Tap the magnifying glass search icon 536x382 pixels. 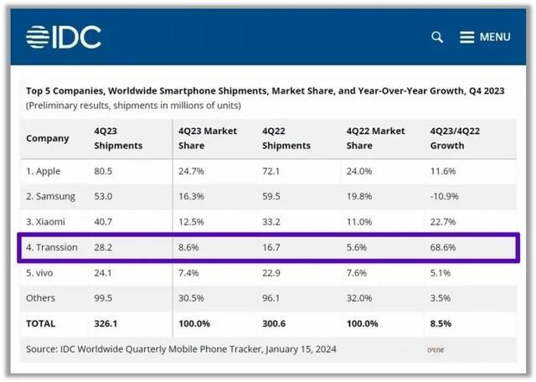point(437,37)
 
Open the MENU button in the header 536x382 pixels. point(485,37)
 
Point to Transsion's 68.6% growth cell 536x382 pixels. point(443,249)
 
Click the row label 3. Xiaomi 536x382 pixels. point(49,222)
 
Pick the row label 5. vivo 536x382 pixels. point(44,274)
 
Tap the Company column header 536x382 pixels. point(48,138)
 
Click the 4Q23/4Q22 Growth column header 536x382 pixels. point(460,138)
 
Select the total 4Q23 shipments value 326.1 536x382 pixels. point(107,323)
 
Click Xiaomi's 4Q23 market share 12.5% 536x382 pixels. point(191,222)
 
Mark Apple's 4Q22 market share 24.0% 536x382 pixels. point(360,171)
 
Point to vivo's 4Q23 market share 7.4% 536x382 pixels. point(188,274)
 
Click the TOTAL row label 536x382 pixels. point(43,323)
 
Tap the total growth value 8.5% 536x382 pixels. point(441,323)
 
